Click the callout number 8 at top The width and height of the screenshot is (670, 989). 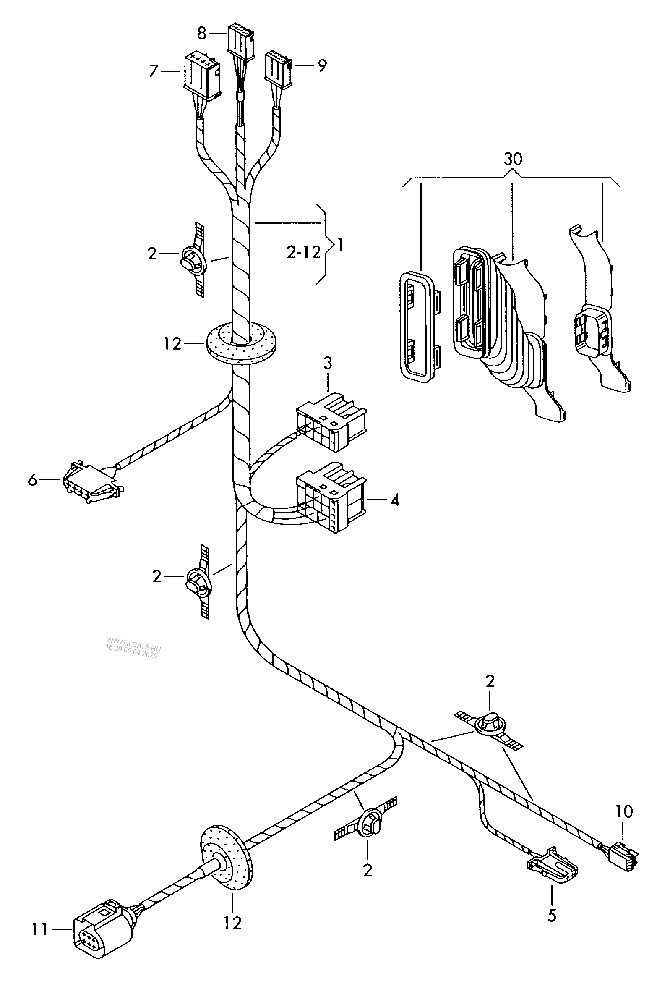(202, 33)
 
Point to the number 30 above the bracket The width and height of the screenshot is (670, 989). (513, 160)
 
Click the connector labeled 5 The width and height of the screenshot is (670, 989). (553, 865)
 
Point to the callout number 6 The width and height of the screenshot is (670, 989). (32, 480)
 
